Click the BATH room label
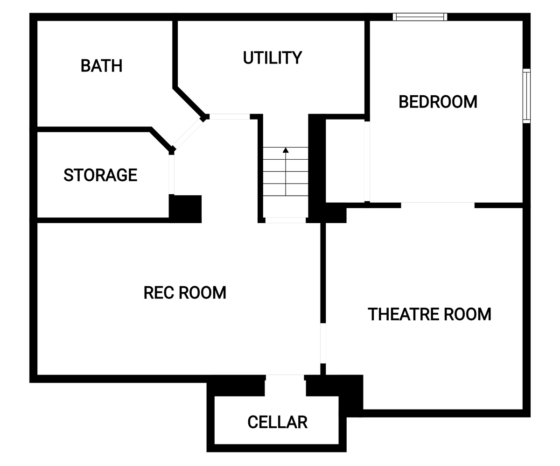[x=101, y=66]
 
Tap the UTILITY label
[x=273, y=58]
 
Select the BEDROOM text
[x=438, y=102]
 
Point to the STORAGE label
[x=101, y=175]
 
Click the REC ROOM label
[x=185, y=293]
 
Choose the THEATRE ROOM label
[x=429, y=314]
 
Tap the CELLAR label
[x=278, y=422]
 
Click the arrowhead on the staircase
[x=286, y=150]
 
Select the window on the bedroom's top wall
[x=420, y=17]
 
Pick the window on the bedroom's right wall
[x=527, y=96]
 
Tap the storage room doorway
[x=171, y=175]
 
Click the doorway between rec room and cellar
[x=285, y=377]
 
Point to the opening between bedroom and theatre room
[x=438, y=205]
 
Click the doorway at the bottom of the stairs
[x=286, y=220]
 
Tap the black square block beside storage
[x=185, y=209]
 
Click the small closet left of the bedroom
[x=345, y=161]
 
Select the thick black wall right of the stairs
[x=317, y=168]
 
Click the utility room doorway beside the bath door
[x=230, y=117]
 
